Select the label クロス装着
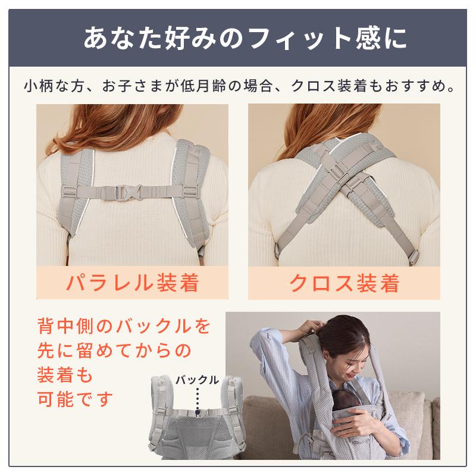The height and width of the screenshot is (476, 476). [343, 283]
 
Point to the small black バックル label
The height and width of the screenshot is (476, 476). [197, 379]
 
